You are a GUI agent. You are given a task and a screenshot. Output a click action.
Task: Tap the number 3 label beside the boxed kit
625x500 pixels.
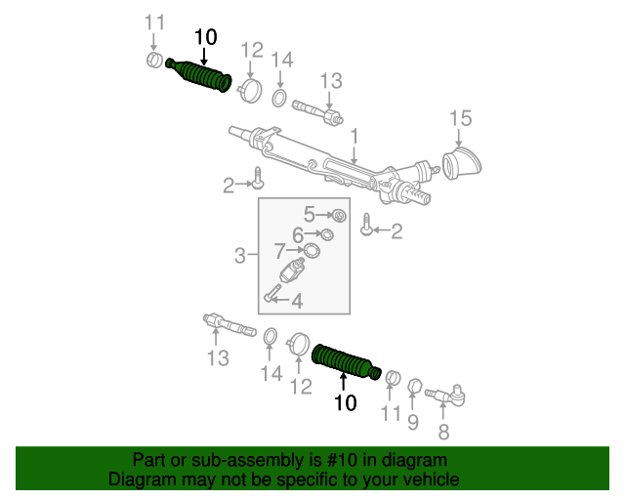[x=240, y=256]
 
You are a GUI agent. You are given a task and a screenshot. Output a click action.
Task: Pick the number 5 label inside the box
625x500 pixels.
[x=299, y=233]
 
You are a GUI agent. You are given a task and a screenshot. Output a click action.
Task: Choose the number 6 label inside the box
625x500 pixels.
[x=279, y=252]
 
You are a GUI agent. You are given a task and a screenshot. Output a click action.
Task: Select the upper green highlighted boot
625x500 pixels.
[x=199, y=77]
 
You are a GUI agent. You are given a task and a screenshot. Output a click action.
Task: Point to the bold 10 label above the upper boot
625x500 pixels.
[x=205, y=37]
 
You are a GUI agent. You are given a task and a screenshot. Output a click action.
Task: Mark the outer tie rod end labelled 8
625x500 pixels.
[x=449, y=395]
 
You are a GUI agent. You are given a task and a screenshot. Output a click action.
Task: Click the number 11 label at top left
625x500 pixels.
[x=154, y=22]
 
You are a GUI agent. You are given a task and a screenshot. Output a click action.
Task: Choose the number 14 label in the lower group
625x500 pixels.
[x=271, y=372]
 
